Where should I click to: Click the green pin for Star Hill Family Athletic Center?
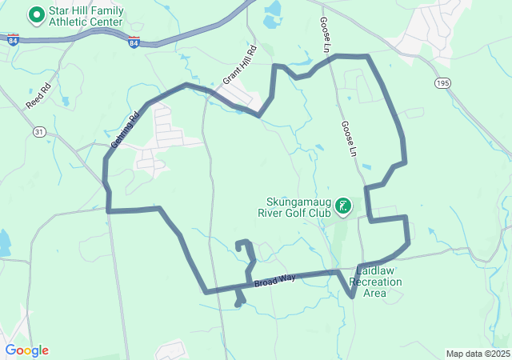37,14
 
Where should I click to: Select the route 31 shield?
40,131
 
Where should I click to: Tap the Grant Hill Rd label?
239,66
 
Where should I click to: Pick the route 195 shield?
443,82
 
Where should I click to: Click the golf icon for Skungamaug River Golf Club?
343,206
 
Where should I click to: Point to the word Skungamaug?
300,202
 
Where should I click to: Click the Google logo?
26,350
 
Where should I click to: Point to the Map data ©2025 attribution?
477,354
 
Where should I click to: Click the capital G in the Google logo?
10,350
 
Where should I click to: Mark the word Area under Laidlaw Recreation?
375,293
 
